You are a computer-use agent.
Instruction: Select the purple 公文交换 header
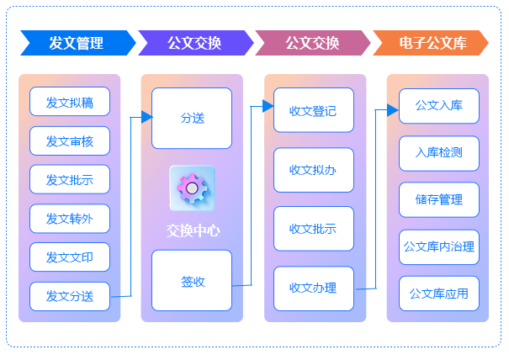click(194, 43)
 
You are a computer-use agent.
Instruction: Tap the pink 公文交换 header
click(312, 43)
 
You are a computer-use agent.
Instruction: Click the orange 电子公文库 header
click(432, 43)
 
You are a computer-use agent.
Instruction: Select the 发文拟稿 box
click(70, 103)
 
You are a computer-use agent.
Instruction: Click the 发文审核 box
click(70, 141)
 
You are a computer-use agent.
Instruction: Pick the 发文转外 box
click(70, 219)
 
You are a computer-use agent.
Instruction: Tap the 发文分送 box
click(70, 296)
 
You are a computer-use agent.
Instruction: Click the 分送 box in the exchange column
click(192, 119)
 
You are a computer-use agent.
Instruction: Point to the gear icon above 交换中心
click(192, 188)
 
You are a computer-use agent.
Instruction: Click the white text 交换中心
click(192, 230)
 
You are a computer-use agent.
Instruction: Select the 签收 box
click(192, 281)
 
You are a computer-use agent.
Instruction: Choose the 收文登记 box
click(313, 110)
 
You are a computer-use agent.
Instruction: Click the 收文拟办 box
click(313, 170)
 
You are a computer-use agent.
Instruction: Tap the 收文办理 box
click(313, 289)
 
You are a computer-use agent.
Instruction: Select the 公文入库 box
click(438, 106)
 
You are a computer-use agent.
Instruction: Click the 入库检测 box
click(438, 153)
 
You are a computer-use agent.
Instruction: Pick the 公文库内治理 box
click(438, 247)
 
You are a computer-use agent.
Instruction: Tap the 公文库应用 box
click(438, 294)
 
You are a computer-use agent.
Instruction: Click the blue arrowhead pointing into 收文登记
click(268, 106)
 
